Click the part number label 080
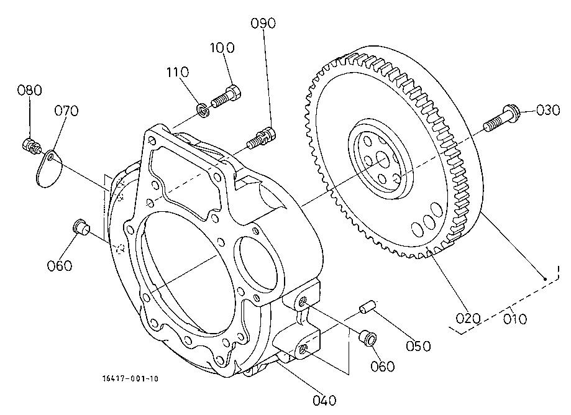click(30, 90)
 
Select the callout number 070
click(66, 111)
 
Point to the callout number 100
click(222, 48)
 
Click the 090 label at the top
click(263, 24)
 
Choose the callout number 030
click(547, 110)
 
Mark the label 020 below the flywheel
click(468, 319)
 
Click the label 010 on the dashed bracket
click(514, 319)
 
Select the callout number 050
click(418, 346)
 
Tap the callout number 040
click(324, 401)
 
